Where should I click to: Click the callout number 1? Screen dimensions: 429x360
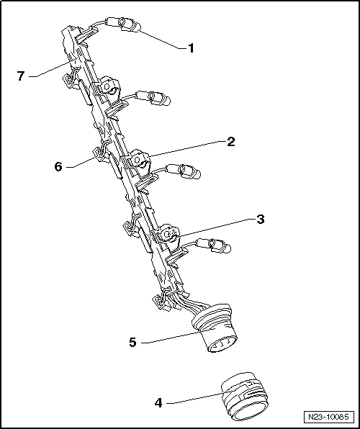pyautogui.click(x=191, y=48)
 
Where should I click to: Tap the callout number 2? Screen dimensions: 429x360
pyautogui.click(x=230, y=142)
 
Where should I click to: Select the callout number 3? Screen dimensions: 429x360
pyautogui.click(x=260, y=219)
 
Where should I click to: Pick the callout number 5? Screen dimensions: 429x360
pyautogui.click(x=132, y=343)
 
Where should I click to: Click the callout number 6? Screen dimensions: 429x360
pyautogui.click(x=58, y=166)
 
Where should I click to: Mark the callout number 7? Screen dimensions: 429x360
pyautogui.click(x=22, y=74)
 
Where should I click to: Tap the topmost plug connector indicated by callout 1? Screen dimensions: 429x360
pyautogui.click(x=130, y=27)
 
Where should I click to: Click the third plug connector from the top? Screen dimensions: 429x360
pyautogui.click(x=183, y=171)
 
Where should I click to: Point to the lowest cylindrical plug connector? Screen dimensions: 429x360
pyautogui.click(x=216, y=247)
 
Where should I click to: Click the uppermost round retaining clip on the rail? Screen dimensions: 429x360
pyautogui.click(x=110, y=88)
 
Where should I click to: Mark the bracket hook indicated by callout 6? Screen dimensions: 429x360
pyautogui.click(x=98, y=153)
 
